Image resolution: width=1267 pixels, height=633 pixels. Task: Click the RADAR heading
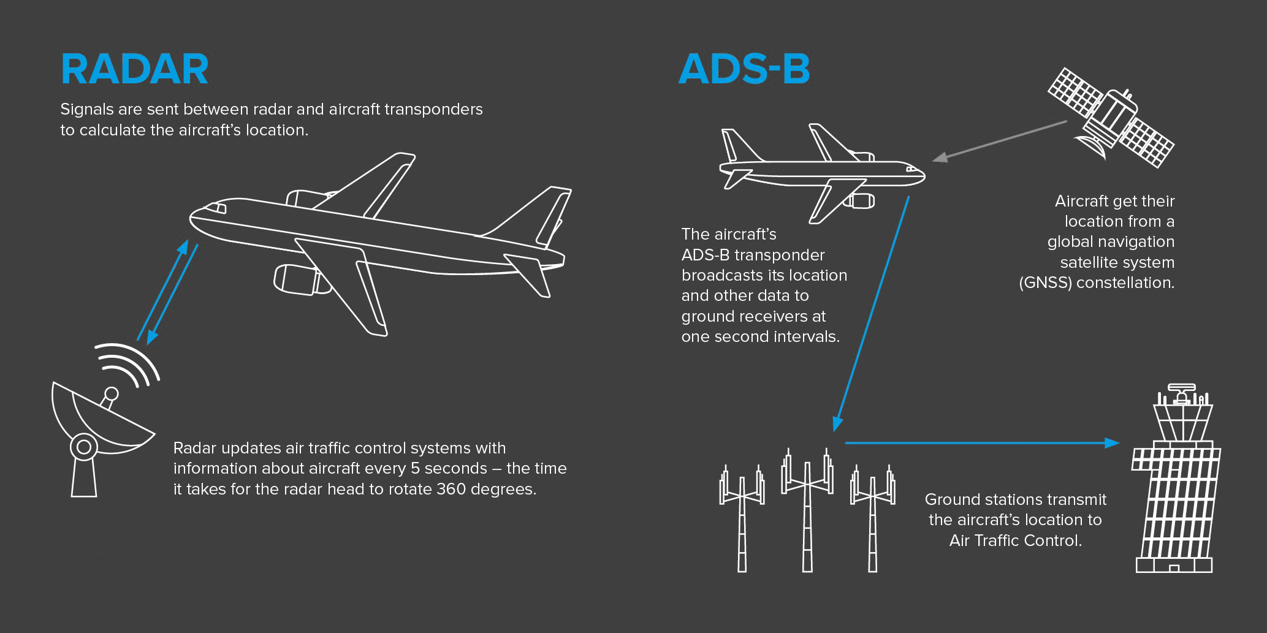(x=135, y=69)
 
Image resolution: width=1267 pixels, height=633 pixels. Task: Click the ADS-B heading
(x=745, y=69)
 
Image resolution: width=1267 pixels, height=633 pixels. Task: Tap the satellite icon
(x=1111, y=117)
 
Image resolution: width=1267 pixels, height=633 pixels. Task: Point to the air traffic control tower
(x=1176, y=478)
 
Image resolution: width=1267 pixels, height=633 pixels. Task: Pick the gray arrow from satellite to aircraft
(x=999, y=141)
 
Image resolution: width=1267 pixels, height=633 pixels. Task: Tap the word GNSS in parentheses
(x=1046, y=283)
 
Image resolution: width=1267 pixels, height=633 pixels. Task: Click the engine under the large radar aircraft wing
(x=300, y=279)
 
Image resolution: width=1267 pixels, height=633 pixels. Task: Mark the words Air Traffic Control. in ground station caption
(x=1016, y=540)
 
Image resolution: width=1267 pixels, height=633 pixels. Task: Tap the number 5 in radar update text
(x=415, y=469)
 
